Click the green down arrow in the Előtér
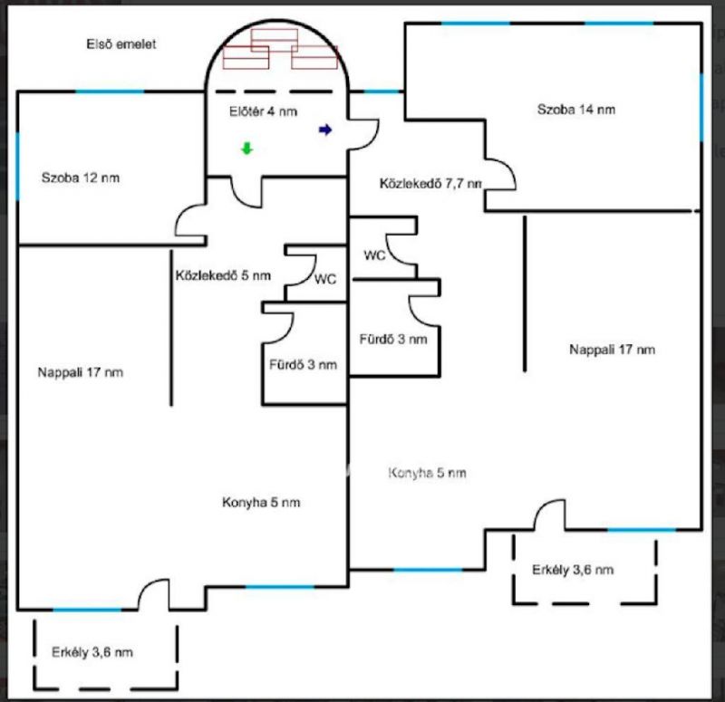(247, 149)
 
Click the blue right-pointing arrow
(325, 130)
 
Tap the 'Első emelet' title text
(121, 43)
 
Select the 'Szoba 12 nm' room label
(81, 178)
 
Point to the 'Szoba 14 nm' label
(576, 109)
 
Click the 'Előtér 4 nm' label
(263, 111)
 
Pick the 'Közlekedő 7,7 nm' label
(430, 184)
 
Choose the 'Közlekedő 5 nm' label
(223, 275)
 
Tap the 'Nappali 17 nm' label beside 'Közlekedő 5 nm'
(81, 372)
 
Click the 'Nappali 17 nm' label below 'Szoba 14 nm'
(613, 350)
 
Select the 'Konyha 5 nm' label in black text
(261, 503)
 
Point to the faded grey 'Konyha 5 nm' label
(427, 473)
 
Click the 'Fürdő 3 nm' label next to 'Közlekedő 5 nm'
(304, 365)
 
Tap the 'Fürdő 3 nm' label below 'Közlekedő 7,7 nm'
(393, 339)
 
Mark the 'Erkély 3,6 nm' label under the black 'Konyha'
(92, 652)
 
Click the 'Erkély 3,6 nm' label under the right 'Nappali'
(573, 570)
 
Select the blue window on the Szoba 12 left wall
(17, 167)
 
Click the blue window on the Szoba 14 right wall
(701, 107)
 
